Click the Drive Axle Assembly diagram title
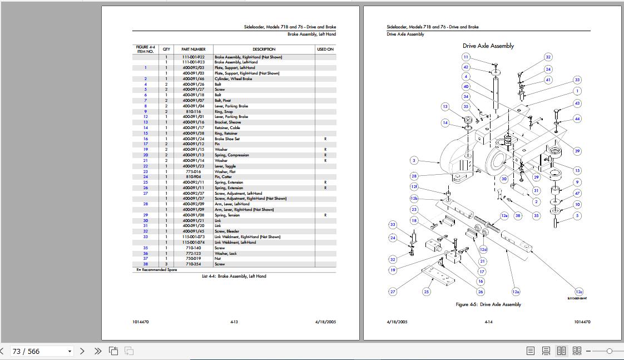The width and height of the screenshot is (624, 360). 488,46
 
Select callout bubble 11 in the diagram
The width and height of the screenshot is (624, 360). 466,57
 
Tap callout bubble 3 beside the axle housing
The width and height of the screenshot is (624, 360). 414,160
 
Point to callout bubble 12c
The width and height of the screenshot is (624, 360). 579,292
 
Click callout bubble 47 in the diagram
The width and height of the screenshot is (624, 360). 577,193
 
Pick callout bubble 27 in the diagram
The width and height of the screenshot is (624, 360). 393,292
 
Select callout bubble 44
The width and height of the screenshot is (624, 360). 577,119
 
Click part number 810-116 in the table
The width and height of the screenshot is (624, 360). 193,111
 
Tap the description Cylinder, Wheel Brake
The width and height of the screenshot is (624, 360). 233,79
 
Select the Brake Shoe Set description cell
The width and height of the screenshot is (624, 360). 227,139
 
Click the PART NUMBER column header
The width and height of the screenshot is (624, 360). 193,49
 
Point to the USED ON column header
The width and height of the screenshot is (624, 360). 325,49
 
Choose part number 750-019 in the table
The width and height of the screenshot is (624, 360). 193,259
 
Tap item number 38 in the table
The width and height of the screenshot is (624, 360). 146,264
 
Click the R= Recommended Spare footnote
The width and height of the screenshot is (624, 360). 157,270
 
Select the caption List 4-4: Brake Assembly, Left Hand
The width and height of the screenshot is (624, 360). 234,276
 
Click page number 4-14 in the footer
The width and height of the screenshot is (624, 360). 488,322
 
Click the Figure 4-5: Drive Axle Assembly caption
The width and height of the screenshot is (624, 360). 488,304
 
